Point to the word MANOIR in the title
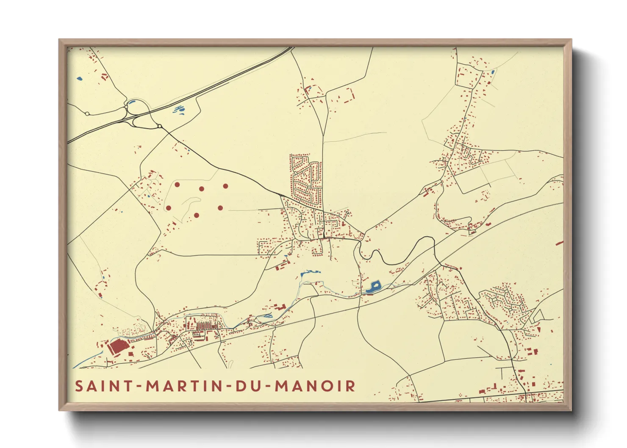[x=315, y=386]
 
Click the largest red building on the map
[x=117, y=347]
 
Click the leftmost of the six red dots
[x=168, y=208]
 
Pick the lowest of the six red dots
[x=197, y=215]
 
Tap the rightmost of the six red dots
[x=225, y=186]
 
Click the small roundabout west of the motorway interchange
[x=87, y=113]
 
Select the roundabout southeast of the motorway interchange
[x=159, y=126]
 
